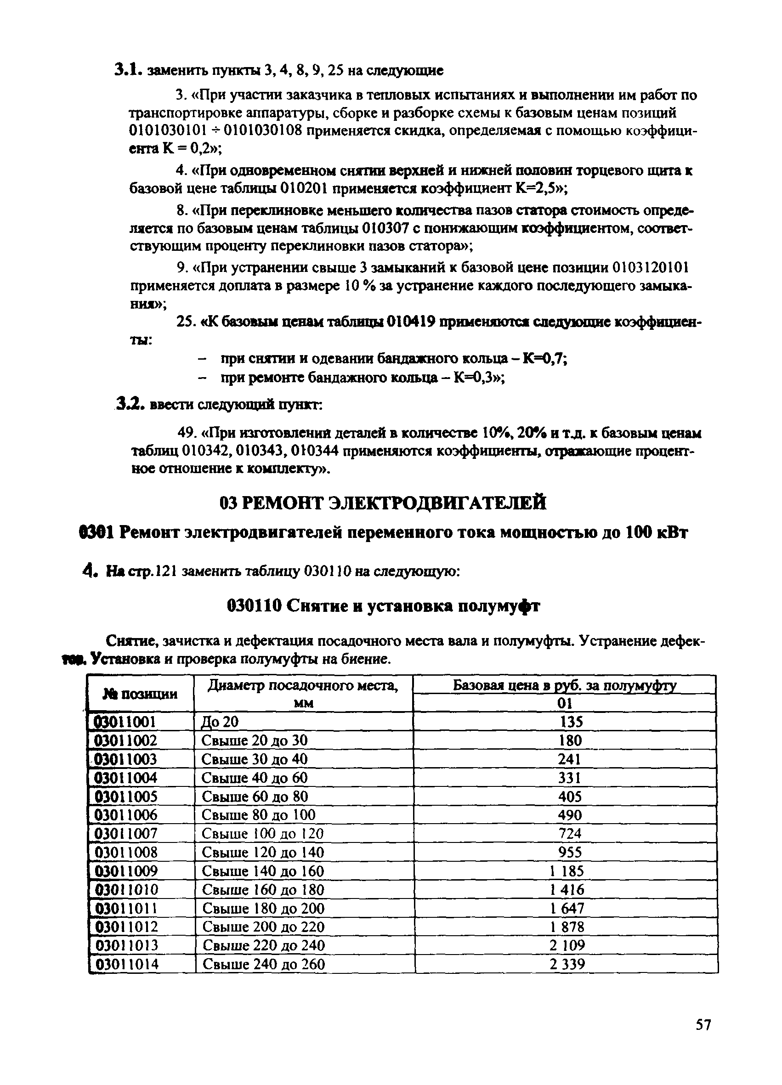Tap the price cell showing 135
(x=571, y=722)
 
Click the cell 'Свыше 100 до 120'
(x=262, y=833)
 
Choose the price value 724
(x=570, y=833)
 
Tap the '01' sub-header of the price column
(x=564, y=703)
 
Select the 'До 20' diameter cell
(x=220, y=722)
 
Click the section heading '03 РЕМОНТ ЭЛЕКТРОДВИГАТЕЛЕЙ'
(x=383, y=503)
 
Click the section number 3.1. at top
(x=128, y=70)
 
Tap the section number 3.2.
(x=130, y=405)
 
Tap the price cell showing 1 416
(x=567, y=889)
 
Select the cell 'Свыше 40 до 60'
(x=254, y=777)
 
